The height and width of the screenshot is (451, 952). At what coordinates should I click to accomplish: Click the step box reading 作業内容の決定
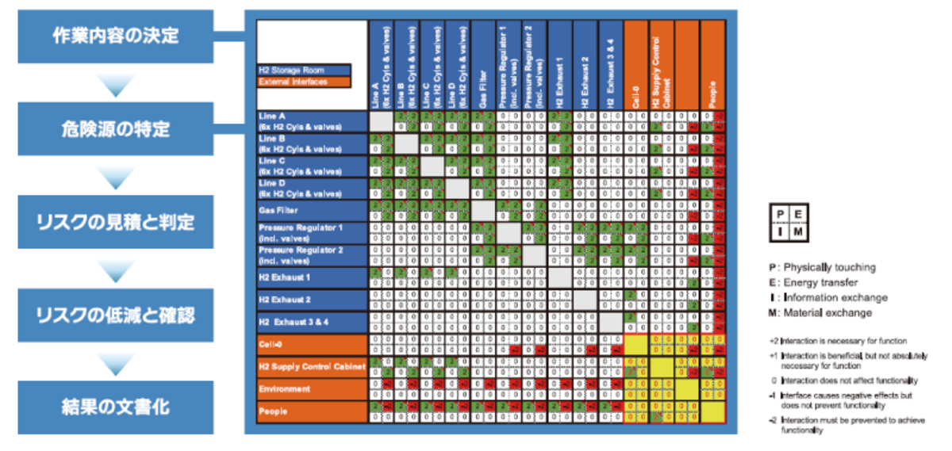click(x=116, y=36)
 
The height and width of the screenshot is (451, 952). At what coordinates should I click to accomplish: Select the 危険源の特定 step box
click(x=116, y=128)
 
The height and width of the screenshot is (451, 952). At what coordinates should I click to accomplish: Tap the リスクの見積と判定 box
click(x=116, y=223)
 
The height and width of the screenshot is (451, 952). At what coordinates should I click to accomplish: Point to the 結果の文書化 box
click(x=116, y=407)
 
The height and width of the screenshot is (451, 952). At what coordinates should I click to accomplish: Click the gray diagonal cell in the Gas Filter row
click(x=484, y=212)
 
